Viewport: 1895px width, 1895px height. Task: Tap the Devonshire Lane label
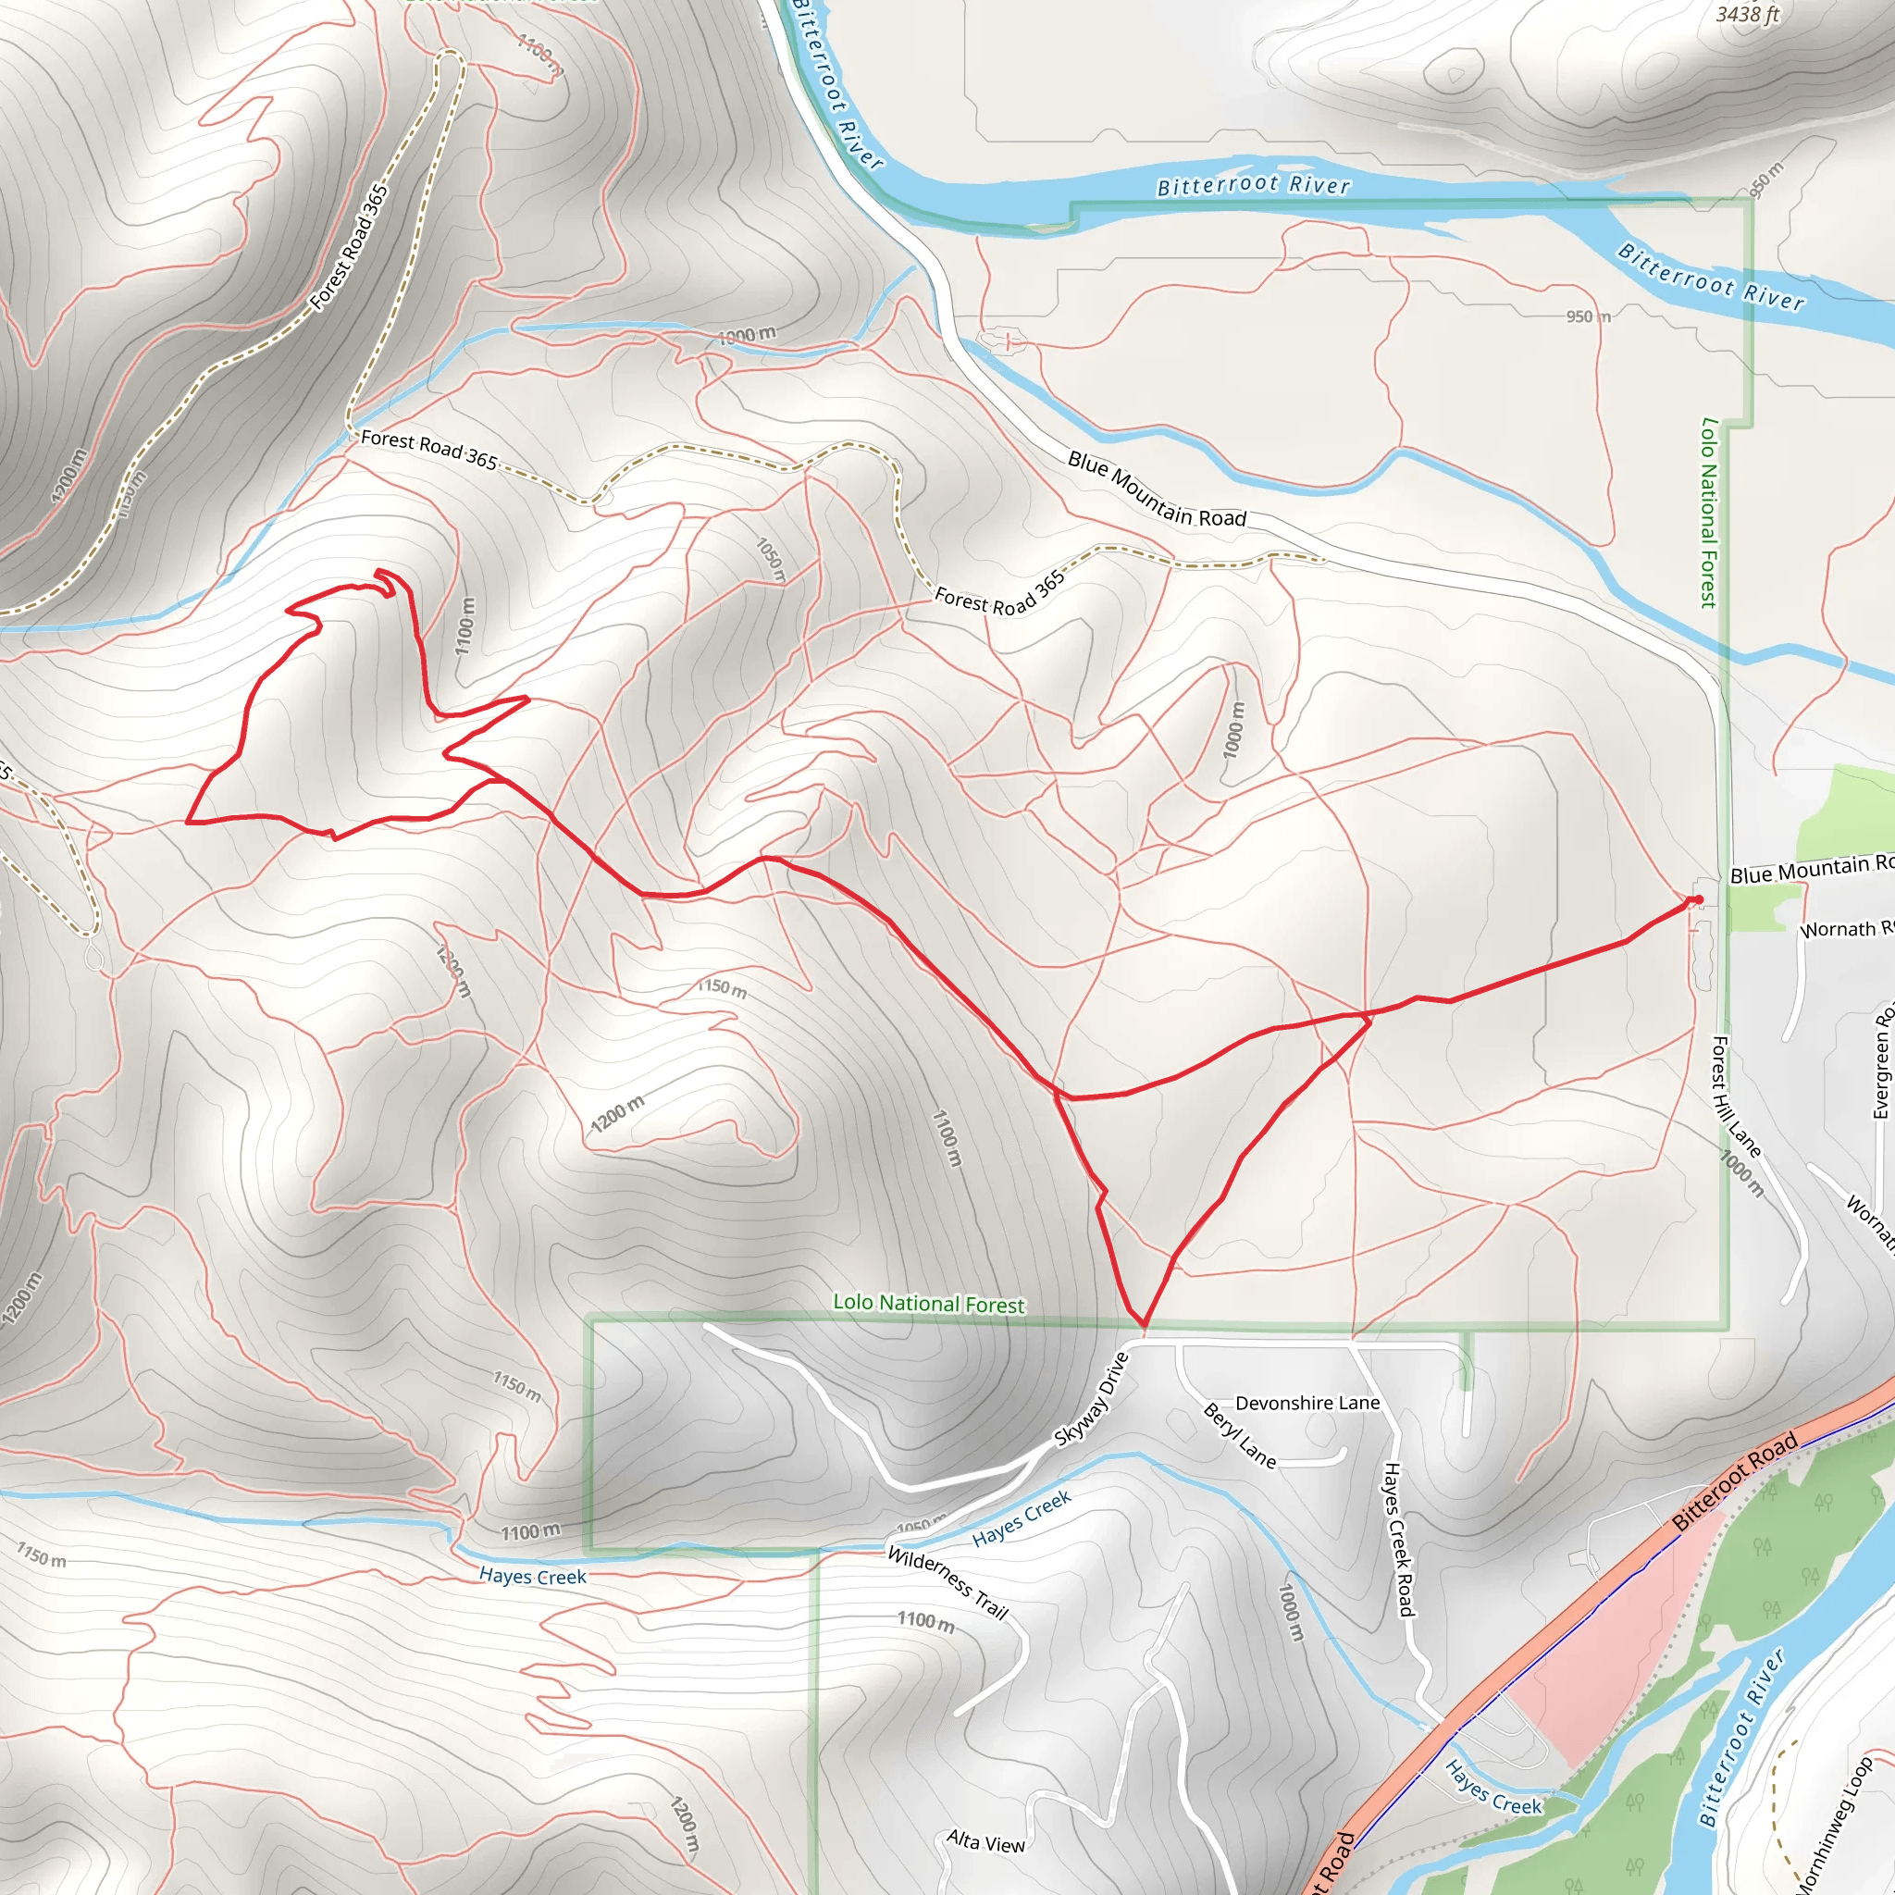coord(1307,1404)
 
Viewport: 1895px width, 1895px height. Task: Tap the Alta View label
coord(985,1843)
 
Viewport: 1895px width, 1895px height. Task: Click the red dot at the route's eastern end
coord(1698,899)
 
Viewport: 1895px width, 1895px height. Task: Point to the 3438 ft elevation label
coord(1747,14)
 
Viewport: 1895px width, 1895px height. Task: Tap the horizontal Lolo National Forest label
coord(928,1304)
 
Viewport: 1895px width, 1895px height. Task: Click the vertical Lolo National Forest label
coord(1709,512)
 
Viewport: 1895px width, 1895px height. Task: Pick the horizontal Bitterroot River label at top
coord(1253,185)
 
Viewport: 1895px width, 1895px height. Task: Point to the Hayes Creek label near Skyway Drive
coord(1022,1519)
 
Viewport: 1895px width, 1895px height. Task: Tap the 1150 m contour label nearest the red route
coord(722,987)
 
